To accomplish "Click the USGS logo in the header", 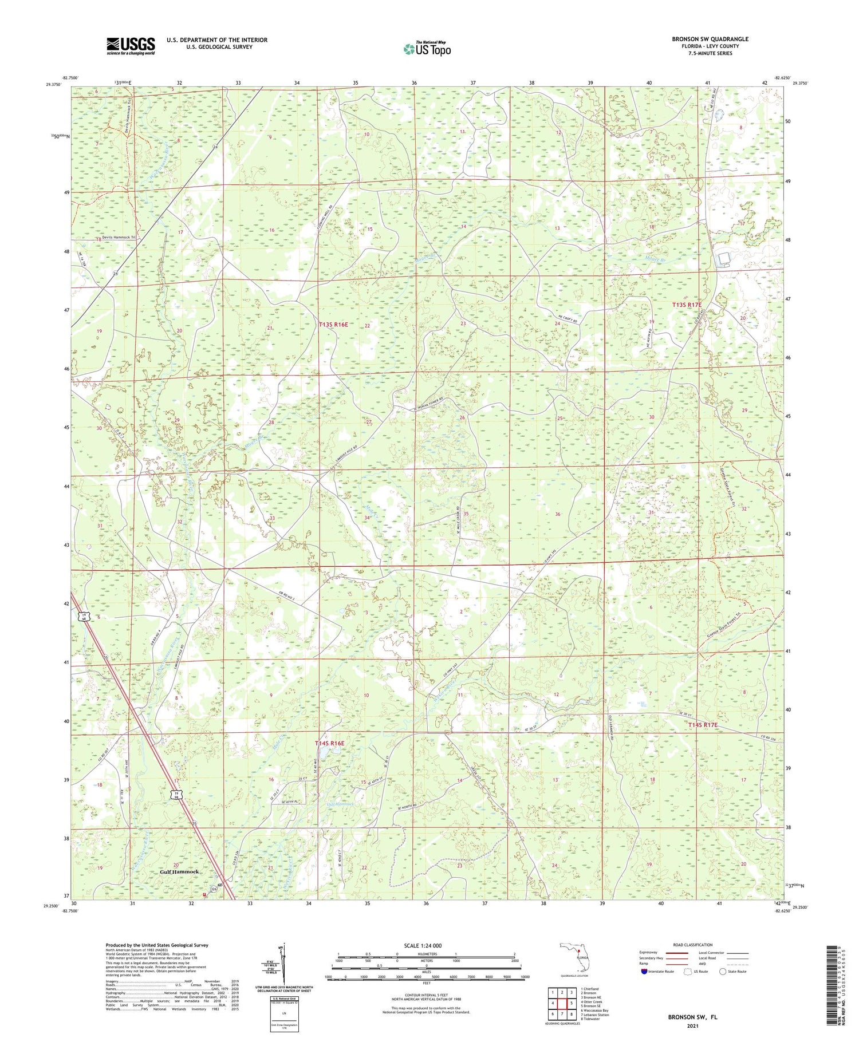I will tap(131, 46).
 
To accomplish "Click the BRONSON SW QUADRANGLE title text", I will tap(710, 39).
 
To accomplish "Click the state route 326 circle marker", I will tap(213, 889).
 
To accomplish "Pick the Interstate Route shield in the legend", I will tap(645, 971).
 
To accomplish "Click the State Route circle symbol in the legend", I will tap(723, 971).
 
